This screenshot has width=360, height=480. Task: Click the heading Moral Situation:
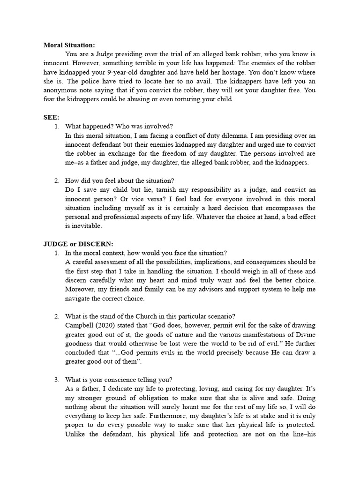tap(69, 45)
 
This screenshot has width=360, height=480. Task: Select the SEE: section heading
tap(52, 117)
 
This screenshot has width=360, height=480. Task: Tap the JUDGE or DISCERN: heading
tap(78, 244)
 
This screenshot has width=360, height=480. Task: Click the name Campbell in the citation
tap(81, 325)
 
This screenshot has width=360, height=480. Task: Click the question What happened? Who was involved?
tap(119, 127)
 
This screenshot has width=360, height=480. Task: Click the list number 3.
tap(57, 380)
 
